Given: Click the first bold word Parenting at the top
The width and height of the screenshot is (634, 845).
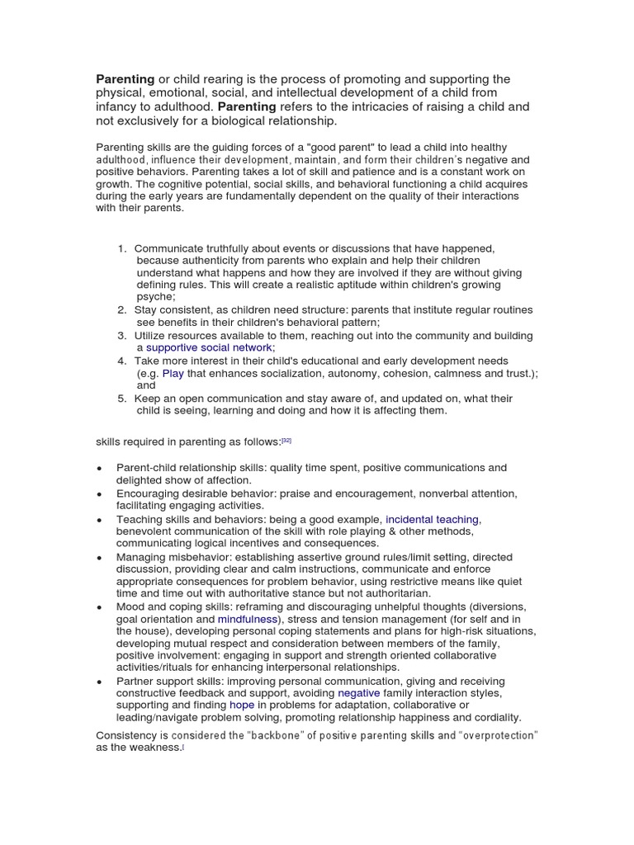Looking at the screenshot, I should click(x=126, y=79).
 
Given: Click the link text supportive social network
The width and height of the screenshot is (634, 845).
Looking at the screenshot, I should click(x=208, y=347).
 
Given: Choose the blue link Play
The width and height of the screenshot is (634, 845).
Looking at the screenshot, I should click(x=173, y=373).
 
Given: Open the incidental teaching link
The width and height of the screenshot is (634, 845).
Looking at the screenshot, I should click(x=432, y=519).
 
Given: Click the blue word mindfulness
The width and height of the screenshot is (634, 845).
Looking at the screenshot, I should click(x=247, y=619).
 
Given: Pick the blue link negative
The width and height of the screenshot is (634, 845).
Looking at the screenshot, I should click(x=359, y=693).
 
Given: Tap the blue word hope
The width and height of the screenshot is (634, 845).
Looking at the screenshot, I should click(x=241, y=706).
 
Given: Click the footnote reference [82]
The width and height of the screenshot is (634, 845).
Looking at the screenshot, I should click(x=286, y=441).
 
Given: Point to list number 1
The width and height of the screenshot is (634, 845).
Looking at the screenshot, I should click(x=122, y=248).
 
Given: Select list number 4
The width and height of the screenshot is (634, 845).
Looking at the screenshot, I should click(x=122, y=361).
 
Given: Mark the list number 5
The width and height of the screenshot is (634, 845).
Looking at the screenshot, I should click(x=122, y=399).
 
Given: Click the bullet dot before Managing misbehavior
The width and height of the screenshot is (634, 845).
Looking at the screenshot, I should click(x=100, y=558).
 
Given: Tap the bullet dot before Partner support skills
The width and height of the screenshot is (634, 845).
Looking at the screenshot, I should click(x=100, y=682).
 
